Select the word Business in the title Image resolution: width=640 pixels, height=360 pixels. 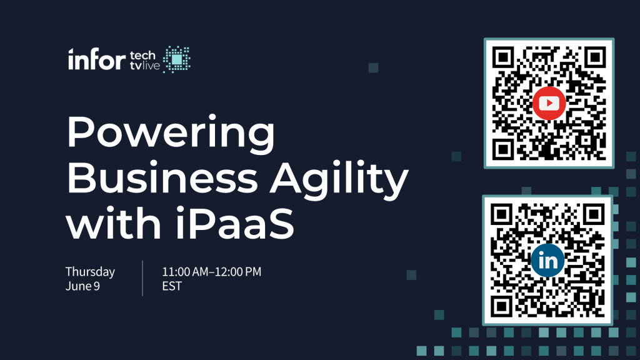[162, 178]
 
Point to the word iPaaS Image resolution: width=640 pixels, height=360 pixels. [235, 223]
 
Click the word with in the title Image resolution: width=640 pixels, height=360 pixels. [114, 223]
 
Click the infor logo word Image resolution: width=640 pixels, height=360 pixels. [97, 59]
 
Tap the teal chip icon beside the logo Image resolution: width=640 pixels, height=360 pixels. [177, 59]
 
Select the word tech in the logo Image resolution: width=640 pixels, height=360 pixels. [142, 55]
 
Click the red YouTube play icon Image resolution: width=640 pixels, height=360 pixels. [549, 103]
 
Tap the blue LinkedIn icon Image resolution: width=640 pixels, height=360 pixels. [547, 261]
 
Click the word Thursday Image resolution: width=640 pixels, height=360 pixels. [90, 272]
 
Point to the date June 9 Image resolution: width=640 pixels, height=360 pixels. [82, 286]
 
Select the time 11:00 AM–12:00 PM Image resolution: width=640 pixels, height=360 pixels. [211, 272]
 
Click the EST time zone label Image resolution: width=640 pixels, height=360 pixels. [172, 286]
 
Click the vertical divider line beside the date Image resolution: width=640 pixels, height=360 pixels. [142, 278]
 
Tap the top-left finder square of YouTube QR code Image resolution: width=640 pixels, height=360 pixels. [503, 57]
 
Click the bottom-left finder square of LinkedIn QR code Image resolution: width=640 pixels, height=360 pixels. [501, 306]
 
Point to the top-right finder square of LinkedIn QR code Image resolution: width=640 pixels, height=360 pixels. [594, 214]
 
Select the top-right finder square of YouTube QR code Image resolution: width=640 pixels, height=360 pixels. [595, 57]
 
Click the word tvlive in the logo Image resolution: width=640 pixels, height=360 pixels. [145, 66]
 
